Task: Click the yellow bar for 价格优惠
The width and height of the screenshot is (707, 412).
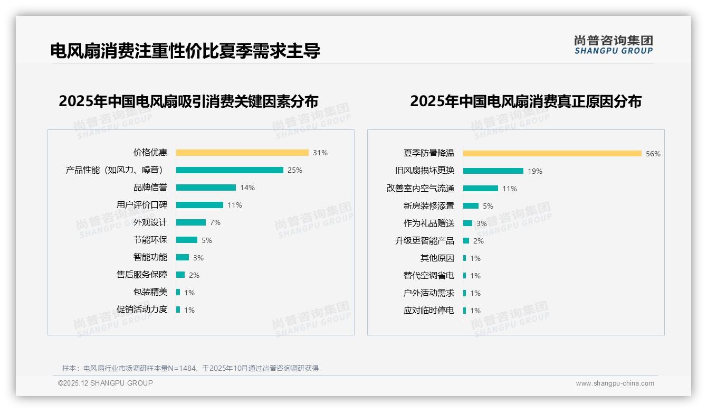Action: pos(242,153)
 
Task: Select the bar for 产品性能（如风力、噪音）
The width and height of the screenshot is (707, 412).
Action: pos(230,170)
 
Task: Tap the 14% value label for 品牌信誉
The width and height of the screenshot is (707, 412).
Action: pos(247,188)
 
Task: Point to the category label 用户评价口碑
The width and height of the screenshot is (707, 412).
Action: pos(142,205)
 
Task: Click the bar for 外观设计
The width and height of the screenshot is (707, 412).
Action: pos(191,222)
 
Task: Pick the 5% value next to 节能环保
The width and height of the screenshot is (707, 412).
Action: pos(207,240)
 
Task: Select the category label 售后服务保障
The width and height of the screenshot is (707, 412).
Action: pos(142,275)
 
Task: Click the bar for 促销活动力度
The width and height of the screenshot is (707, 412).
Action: pos(178,310)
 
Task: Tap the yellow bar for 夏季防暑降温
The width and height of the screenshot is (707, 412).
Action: pos(552,153)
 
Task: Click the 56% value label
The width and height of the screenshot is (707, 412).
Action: pos(653,154)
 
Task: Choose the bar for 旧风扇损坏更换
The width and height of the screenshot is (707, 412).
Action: pos(493,171)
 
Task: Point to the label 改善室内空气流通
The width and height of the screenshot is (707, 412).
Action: pos(421,189)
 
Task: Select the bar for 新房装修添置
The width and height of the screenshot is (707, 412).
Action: pos(471,206)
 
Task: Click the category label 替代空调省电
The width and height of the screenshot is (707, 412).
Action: pos(429,276)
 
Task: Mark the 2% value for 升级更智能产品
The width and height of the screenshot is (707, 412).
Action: pos(479,241)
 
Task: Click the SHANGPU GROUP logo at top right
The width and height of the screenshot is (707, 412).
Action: pos(614,45)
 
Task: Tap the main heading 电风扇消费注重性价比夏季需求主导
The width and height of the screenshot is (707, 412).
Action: pos(185,51)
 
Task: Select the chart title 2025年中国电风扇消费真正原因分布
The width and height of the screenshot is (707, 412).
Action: pos(526,101)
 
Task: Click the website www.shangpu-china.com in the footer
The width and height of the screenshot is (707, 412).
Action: pos(615,383)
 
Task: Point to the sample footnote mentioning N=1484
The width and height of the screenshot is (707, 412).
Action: pos(190,368)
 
